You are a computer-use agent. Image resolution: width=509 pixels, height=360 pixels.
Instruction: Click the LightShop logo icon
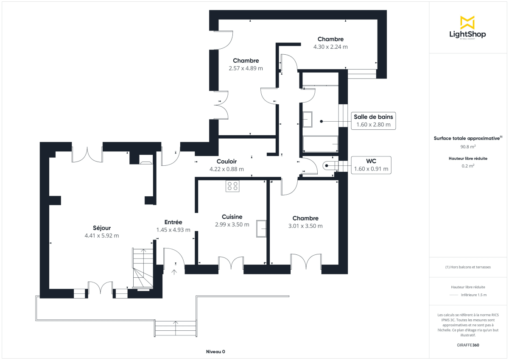click(x=467, y=22)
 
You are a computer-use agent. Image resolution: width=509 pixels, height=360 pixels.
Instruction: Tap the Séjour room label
click(x=102, y=228)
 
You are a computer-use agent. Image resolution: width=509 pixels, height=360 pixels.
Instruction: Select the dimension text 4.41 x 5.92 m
click(x=102, y=236)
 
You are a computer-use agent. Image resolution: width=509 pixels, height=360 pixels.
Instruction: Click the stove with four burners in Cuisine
click(x=232, y=186)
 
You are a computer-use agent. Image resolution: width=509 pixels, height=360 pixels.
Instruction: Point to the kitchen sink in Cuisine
click(x=261, y=229)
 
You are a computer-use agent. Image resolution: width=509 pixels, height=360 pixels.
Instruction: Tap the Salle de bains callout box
click(x=373, y=121)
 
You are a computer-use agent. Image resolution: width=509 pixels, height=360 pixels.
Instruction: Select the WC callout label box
click(x=371, y=165)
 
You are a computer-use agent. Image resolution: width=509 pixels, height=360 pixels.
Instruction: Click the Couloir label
click(x=227, y=161)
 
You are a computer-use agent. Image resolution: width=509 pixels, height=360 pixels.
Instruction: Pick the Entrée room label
click(x=173, y=222)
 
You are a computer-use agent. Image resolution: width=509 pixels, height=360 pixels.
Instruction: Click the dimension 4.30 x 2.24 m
click(x=330, y=47)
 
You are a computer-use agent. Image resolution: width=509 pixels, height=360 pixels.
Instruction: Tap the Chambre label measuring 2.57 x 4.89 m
click(x=246, y=61)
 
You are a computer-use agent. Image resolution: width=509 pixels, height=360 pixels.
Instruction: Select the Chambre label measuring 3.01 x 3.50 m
click(x=305, y=218)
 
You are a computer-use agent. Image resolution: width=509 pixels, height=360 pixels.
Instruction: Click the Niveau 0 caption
click(x=215, y=352)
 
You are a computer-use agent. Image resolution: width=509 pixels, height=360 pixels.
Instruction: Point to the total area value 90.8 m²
click(x=468, y=147)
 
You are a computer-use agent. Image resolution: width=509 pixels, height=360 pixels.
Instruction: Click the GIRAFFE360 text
click(x=468, y=345)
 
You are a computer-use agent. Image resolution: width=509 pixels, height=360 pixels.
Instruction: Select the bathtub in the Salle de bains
click(x=320, y=144)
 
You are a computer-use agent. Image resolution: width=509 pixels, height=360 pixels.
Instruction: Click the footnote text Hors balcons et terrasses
click(x=468, y=267)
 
